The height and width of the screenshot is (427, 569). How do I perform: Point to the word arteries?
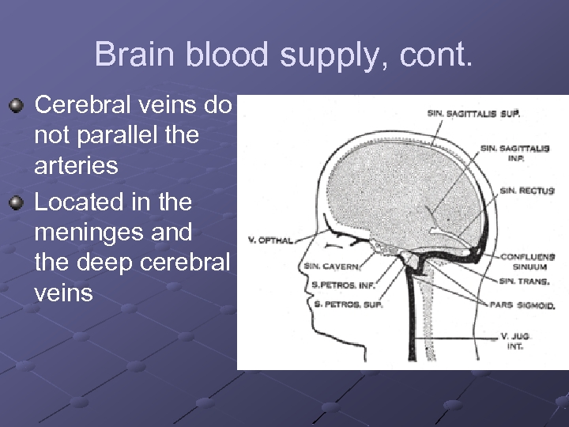[x=76, y=166]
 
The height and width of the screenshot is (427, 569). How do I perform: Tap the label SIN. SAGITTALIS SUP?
[x=473, y=114]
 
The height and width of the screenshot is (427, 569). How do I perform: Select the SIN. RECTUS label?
[x=526, y=191]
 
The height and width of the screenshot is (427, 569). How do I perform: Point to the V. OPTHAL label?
[x=270, y=240]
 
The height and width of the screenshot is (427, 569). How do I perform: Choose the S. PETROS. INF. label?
[x=342, y=285]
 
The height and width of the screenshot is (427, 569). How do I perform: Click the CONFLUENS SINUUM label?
[x=527, y=262]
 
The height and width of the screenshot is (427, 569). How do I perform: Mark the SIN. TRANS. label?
[x=523, y=282]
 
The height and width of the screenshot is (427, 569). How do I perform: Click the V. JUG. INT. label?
[x=516, y=341]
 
